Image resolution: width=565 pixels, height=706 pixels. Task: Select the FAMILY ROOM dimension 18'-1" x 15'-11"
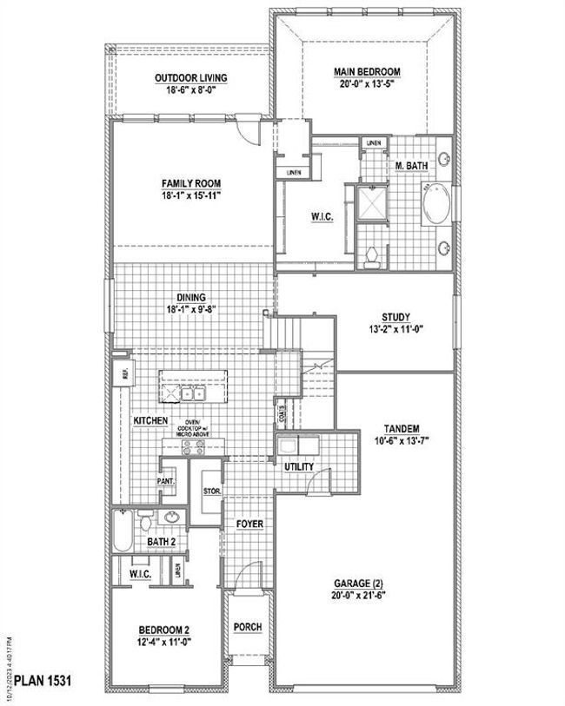190,196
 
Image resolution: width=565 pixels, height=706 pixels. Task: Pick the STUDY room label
395,317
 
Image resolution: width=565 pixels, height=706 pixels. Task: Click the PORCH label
248,627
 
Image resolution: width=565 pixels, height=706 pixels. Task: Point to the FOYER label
250,524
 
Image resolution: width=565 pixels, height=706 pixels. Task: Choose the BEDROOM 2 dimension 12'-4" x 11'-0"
163,642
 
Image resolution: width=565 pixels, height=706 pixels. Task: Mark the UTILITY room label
300,467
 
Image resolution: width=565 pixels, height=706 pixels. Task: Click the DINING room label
190,297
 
